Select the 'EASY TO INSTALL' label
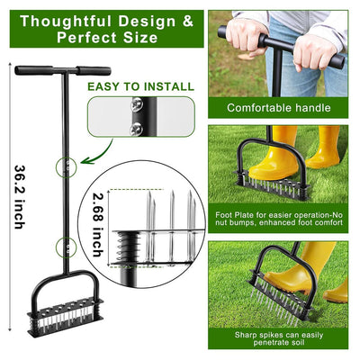pyautogui.click(x=140, y=87)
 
